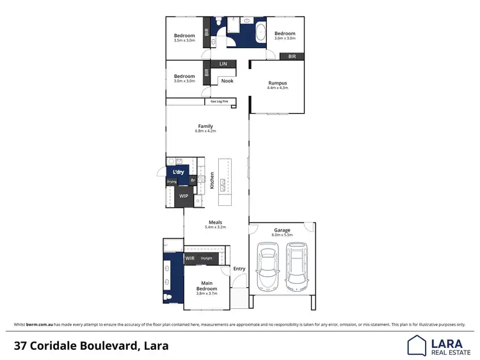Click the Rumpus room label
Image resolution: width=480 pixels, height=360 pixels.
coord(277,82)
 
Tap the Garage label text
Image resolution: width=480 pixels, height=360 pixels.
coord(282,230)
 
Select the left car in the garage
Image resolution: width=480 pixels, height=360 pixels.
coord(268,266)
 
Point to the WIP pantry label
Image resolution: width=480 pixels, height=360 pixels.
coord(184,196)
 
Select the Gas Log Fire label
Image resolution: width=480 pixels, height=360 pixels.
coord(220,101)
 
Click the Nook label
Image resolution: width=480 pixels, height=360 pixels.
coord(227,81)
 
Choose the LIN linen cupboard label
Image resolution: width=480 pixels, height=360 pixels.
coord(223,64)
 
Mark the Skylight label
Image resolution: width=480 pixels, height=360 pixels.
coord(206,258)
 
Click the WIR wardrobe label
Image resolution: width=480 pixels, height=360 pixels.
coord(189,258)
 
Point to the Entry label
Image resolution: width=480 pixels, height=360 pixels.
coord(239,269)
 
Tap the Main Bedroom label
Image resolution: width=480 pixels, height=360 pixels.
coord(207,285)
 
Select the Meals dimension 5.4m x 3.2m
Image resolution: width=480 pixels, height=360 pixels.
coord(215,227)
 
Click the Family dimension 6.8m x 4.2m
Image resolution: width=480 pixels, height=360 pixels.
coord(205,131)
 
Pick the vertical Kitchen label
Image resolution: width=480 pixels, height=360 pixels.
coord(211,180)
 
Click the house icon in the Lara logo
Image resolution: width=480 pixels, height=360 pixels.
coord(417,345)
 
